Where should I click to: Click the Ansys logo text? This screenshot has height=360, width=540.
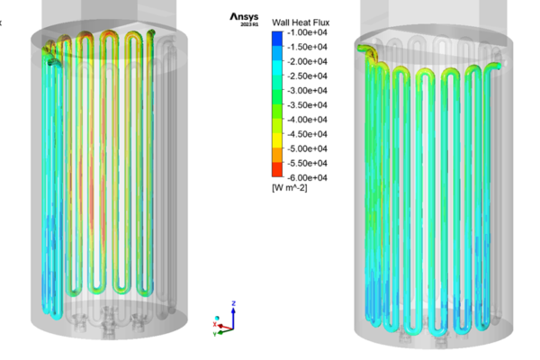[244, 17]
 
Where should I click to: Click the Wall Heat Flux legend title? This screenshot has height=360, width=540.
[301, 22]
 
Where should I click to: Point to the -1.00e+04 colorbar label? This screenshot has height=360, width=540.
[307, 32]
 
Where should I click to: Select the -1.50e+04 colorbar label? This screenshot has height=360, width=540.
[307, 47]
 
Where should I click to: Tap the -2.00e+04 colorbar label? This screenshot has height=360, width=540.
[307, 61]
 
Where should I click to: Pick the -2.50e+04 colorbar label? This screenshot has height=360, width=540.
[307, 76]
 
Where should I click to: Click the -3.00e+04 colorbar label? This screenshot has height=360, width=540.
[307, 90]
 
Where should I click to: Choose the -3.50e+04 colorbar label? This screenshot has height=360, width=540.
[307, 104]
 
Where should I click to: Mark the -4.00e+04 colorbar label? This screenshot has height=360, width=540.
[307, 120]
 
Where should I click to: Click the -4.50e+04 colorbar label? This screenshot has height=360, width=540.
[307, 134]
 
